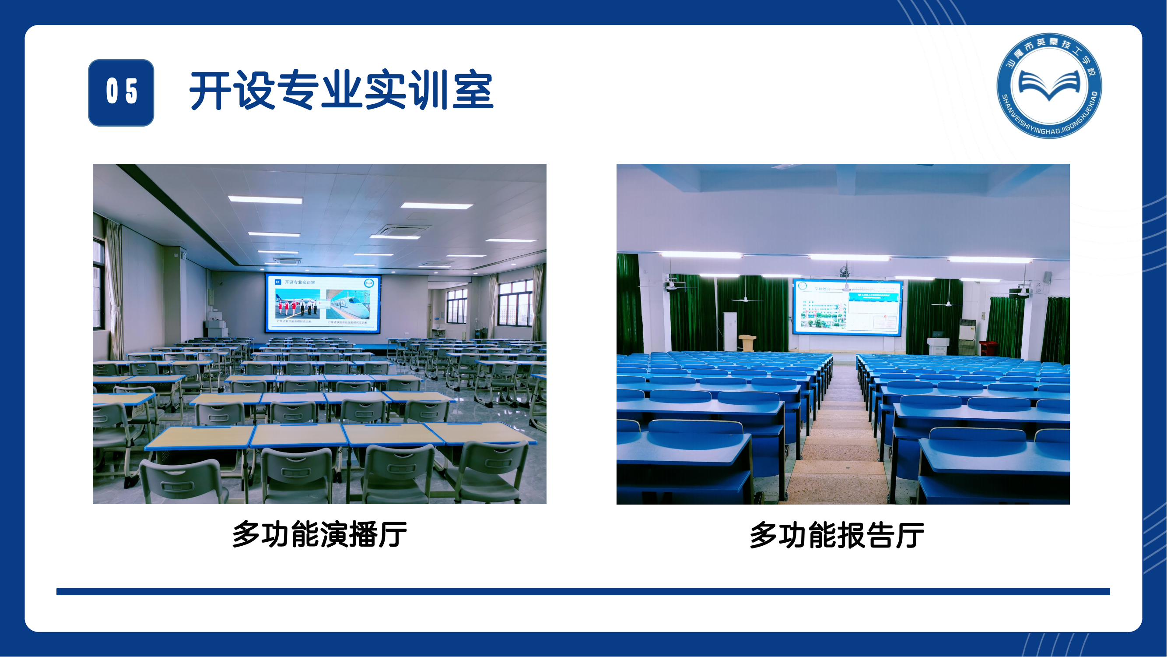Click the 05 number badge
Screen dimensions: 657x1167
(121, 92)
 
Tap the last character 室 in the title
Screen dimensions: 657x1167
(473, 91)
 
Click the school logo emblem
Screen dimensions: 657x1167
(1049, 86)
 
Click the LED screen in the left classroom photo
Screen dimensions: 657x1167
(322, 303)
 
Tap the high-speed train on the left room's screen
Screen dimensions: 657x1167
(351, 305)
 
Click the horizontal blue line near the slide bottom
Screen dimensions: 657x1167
(583, 592)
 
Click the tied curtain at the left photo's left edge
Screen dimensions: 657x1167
(115, 290)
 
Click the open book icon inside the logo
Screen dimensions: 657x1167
(1049, 85)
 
